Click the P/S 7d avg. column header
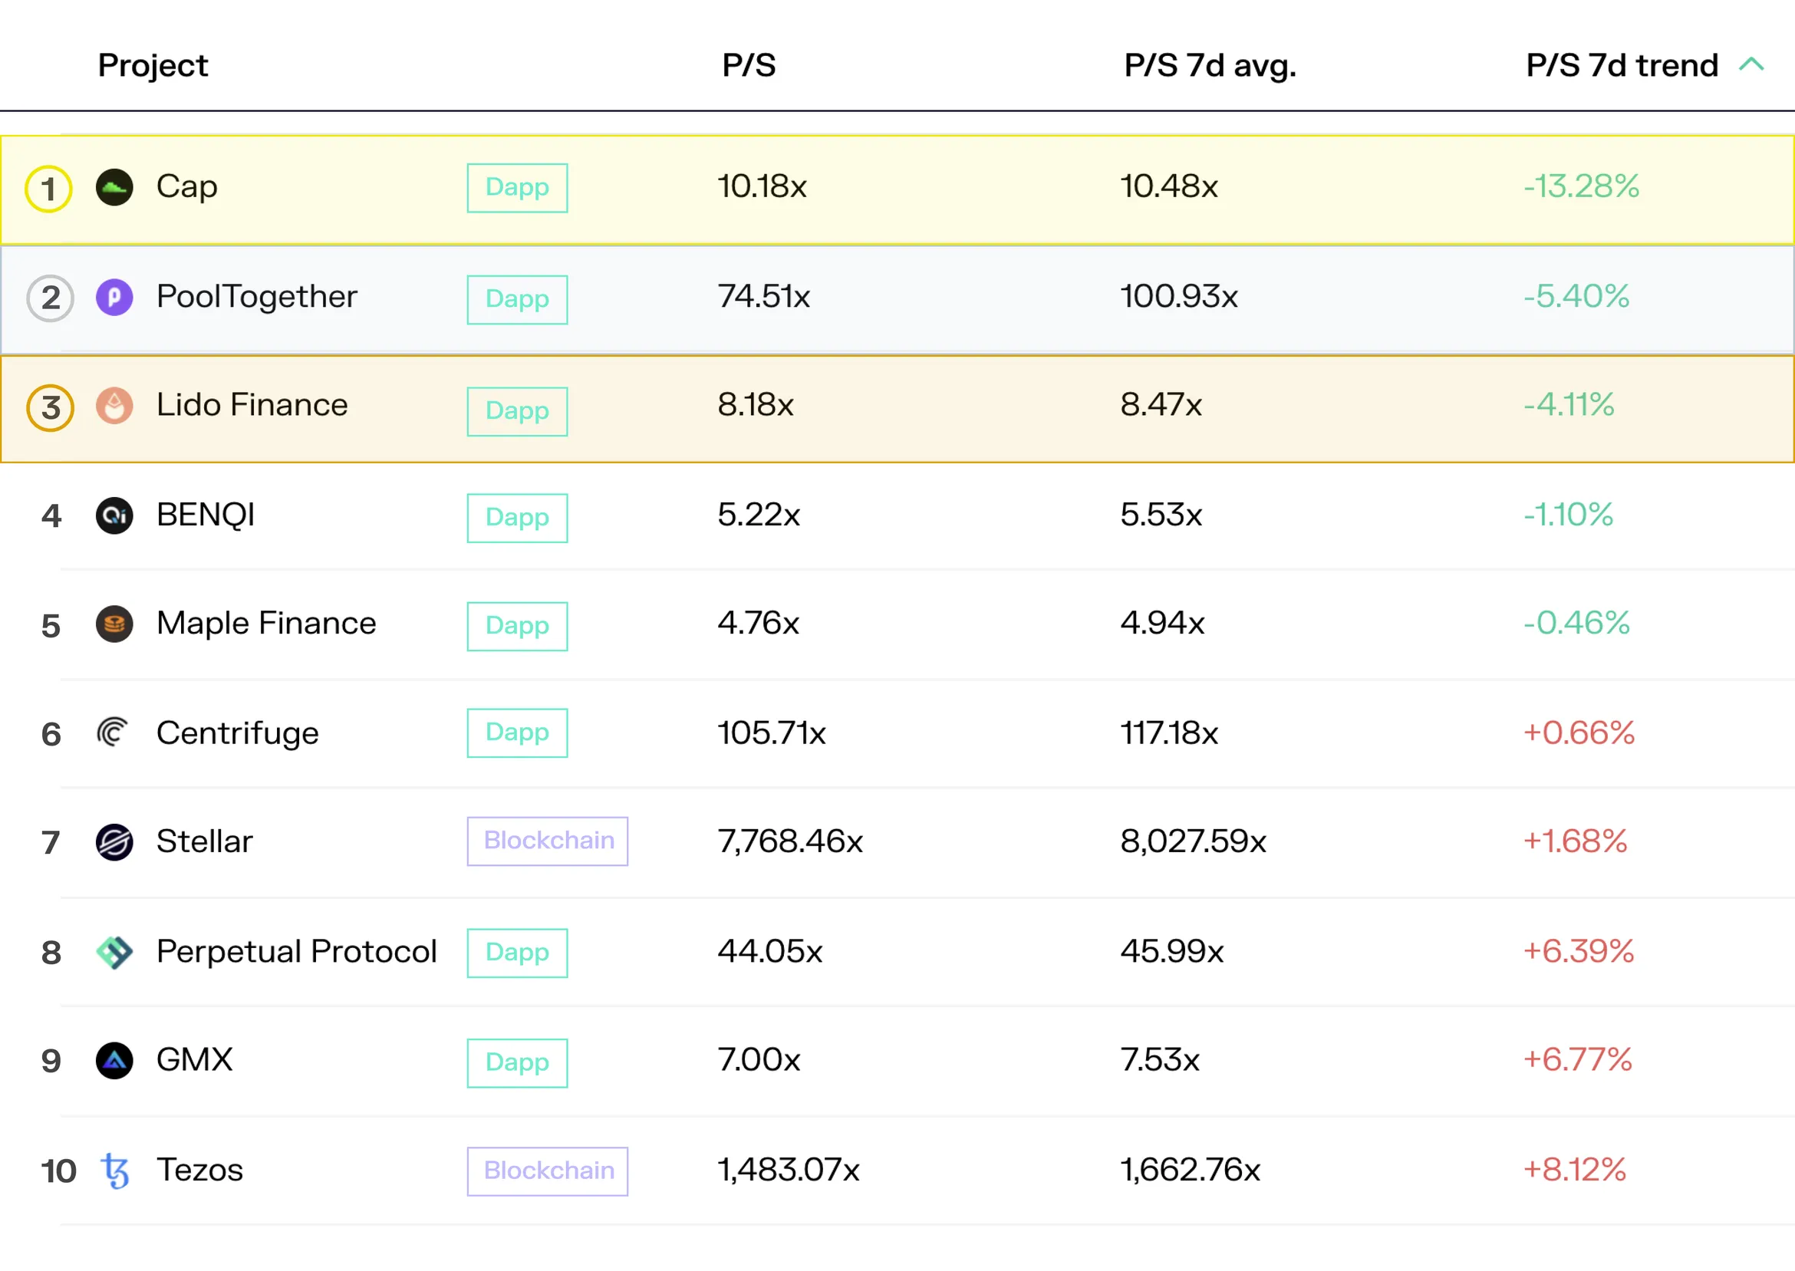1210,65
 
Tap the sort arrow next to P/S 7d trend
1751,64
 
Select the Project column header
153,66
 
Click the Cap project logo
114,187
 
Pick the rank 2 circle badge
50,298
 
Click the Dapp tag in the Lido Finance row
517,411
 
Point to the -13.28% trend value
1581,186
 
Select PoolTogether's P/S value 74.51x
764,297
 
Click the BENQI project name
206,515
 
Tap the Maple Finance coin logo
114,624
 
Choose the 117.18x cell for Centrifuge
1169,733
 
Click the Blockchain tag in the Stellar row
548,841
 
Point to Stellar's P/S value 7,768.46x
790,841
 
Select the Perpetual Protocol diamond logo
114,952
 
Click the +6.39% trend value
1578,952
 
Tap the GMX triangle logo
114,1061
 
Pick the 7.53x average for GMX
1160,1060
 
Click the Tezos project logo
115,1171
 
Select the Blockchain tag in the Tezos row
548,1171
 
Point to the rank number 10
59,1171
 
